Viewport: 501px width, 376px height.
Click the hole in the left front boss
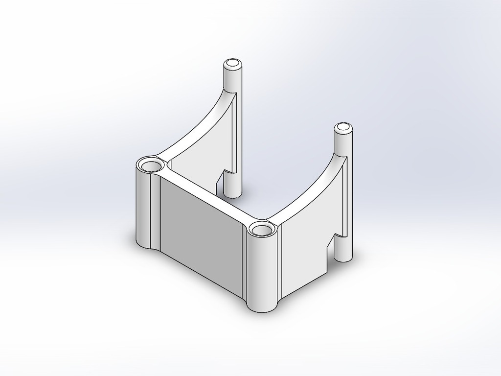pyautogui.click(x=151, y=165)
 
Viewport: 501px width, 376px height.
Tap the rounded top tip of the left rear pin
pyautogui.click(x=233, y=64)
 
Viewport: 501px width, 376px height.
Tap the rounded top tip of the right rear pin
pyautogui.click(x=343, y=128)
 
